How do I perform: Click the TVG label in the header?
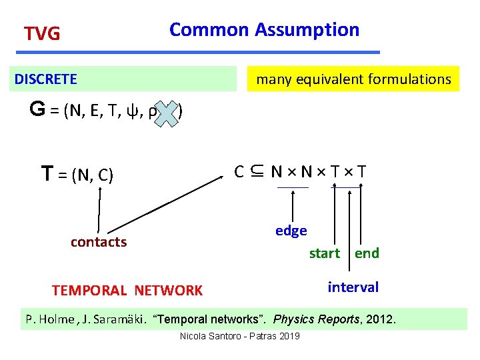pos(42,33)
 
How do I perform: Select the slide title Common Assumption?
pos(264,30)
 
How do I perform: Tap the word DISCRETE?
pos(46,79)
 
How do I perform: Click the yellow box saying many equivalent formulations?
pos(353,79)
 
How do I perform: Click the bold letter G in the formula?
pos(37,110)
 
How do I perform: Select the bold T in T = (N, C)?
pos(47,175)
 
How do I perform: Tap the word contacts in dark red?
pos(98,242)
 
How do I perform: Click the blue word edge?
pos(291,231)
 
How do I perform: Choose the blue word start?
pos(325,253)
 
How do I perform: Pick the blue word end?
pos(367,253)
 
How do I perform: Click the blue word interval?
pos(353,287)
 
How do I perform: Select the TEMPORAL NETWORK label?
pos(127,291)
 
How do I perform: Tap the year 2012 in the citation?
pos(381,319)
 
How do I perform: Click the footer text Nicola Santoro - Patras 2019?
pos(239,335)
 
